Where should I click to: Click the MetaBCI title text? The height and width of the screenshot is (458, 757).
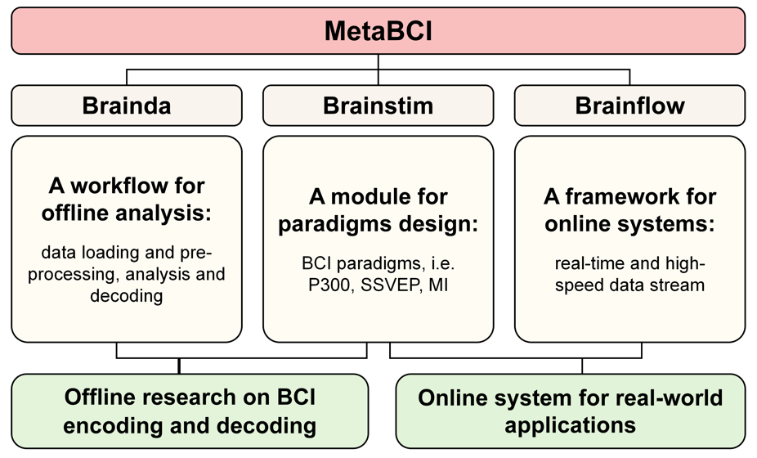click(378, 31)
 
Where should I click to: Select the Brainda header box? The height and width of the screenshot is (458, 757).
click(127, 106)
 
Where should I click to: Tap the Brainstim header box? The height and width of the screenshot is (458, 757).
click(378, 106)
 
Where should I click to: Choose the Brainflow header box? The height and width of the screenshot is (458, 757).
click(629, 106)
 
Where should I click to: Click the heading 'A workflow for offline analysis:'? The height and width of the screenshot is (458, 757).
click(127, 199)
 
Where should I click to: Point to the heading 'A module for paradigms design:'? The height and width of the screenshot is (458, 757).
click(378, 210)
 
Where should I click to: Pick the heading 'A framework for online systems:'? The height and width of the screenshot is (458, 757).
click(629, 210)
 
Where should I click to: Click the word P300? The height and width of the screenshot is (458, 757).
click(329, 285)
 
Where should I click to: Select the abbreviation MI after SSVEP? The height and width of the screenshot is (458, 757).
click(438, 285)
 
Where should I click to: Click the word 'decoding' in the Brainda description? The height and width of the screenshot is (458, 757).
click(127, 296)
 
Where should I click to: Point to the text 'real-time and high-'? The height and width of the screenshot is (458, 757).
click(629, 263)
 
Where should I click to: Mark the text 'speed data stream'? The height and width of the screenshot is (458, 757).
click(629, 285)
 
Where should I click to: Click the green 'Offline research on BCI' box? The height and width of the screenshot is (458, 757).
click(190, 411)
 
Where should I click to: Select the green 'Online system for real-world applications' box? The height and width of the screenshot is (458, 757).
click(571, 411)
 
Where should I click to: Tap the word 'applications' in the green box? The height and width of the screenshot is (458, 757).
click(570, 425)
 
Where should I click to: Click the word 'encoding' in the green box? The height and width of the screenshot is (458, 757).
click(112, 425)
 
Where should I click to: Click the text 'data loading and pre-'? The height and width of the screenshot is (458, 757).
click(127, 252)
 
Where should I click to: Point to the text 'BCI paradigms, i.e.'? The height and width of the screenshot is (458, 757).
click(378, 263)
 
